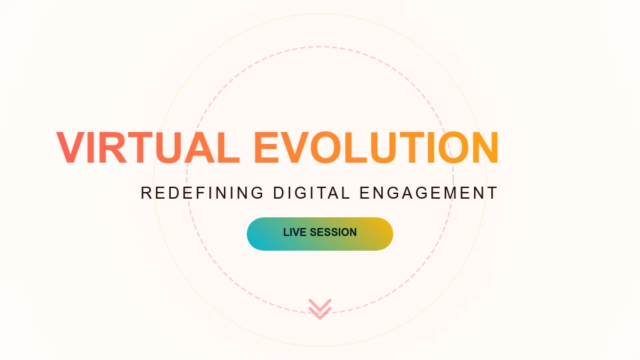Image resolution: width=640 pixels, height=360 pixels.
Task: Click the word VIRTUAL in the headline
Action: click(x=147, y=147)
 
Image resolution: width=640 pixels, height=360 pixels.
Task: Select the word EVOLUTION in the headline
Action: click(x=376, y=147)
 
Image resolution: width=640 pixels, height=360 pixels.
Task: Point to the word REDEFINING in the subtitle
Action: click(x=203, y=193)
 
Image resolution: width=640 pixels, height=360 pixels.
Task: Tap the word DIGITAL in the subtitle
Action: click(x=311, y=193)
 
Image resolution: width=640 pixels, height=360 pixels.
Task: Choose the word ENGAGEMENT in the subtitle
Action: click(x=429, y=193)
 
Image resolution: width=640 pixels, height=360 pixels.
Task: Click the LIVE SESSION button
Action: click(x=320, y=234)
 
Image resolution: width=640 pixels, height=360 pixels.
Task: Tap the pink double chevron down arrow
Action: click(x=320, y=309)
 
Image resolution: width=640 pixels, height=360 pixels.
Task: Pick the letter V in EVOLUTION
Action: click(x=294, y=147)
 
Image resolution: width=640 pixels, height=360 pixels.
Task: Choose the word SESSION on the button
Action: click(x=333, y=232)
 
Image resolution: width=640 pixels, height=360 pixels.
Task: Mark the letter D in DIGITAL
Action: click(x=279, y=193)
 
